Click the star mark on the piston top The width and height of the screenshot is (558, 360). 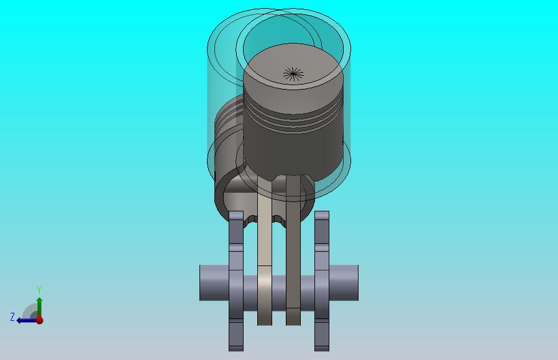(293, 74)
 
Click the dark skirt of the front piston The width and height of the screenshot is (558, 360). (293, 153)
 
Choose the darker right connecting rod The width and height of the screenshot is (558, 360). (293, 249)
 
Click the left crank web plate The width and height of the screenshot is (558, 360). (236, 281)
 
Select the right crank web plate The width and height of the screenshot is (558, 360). (322, 281)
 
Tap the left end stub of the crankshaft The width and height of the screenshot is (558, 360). (214, 283)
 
